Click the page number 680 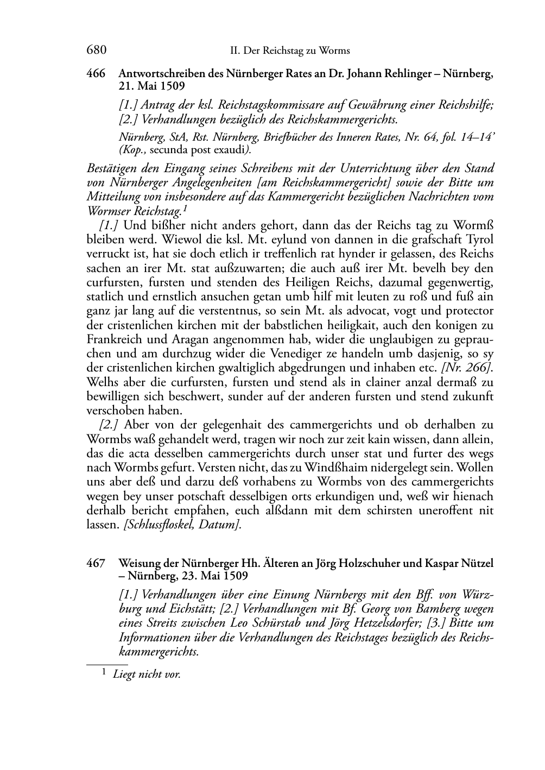pos(96,51)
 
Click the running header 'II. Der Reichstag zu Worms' pos(290,51)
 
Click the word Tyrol pos(479,239)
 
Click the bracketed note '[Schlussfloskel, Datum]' pos(180,525)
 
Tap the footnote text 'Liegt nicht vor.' pos(147,674)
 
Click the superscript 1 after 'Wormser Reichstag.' pos(186,207)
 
